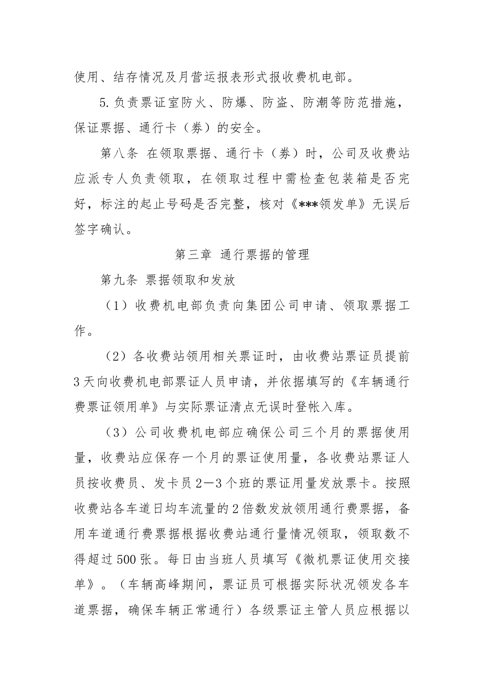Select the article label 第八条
tap(119, 153)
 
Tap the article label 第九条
tap(119, 279)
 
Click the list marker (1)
tap(116, 305)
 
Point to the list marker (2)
tap(116, 356)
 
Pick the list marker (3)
tap(116, 433)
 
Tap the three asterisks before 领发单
tap(293, 204)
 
